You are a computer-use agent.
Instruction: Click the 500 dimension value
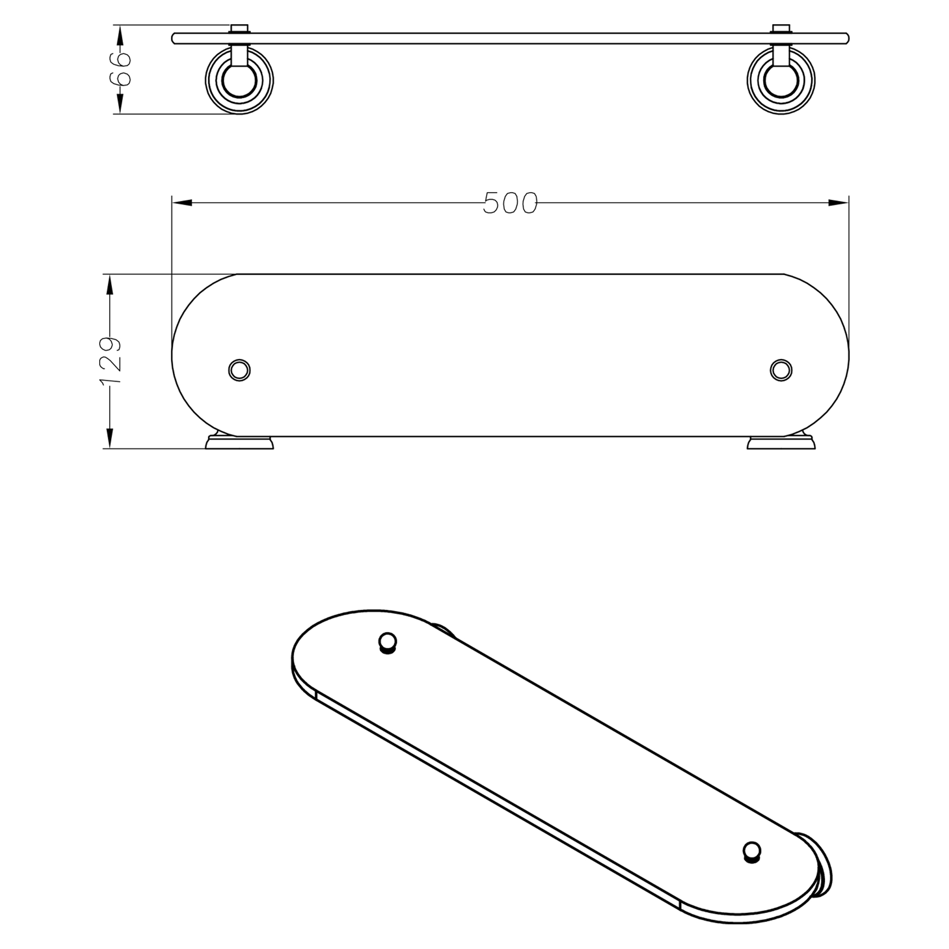click(x=511, y=203)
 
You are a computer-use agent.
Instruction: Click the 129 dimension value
click(x=110, y=361)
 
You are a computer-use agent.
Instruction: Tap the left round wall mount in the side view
click(x=239, y=80)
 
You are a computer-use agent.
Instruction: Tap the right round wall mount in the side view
click(x=781, y=80)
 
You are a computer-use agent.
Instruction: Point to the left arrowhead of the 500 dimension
click(x=182, y=203)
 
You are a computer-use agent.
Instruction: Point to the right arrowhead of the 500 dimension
click(x=839, y=203)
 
